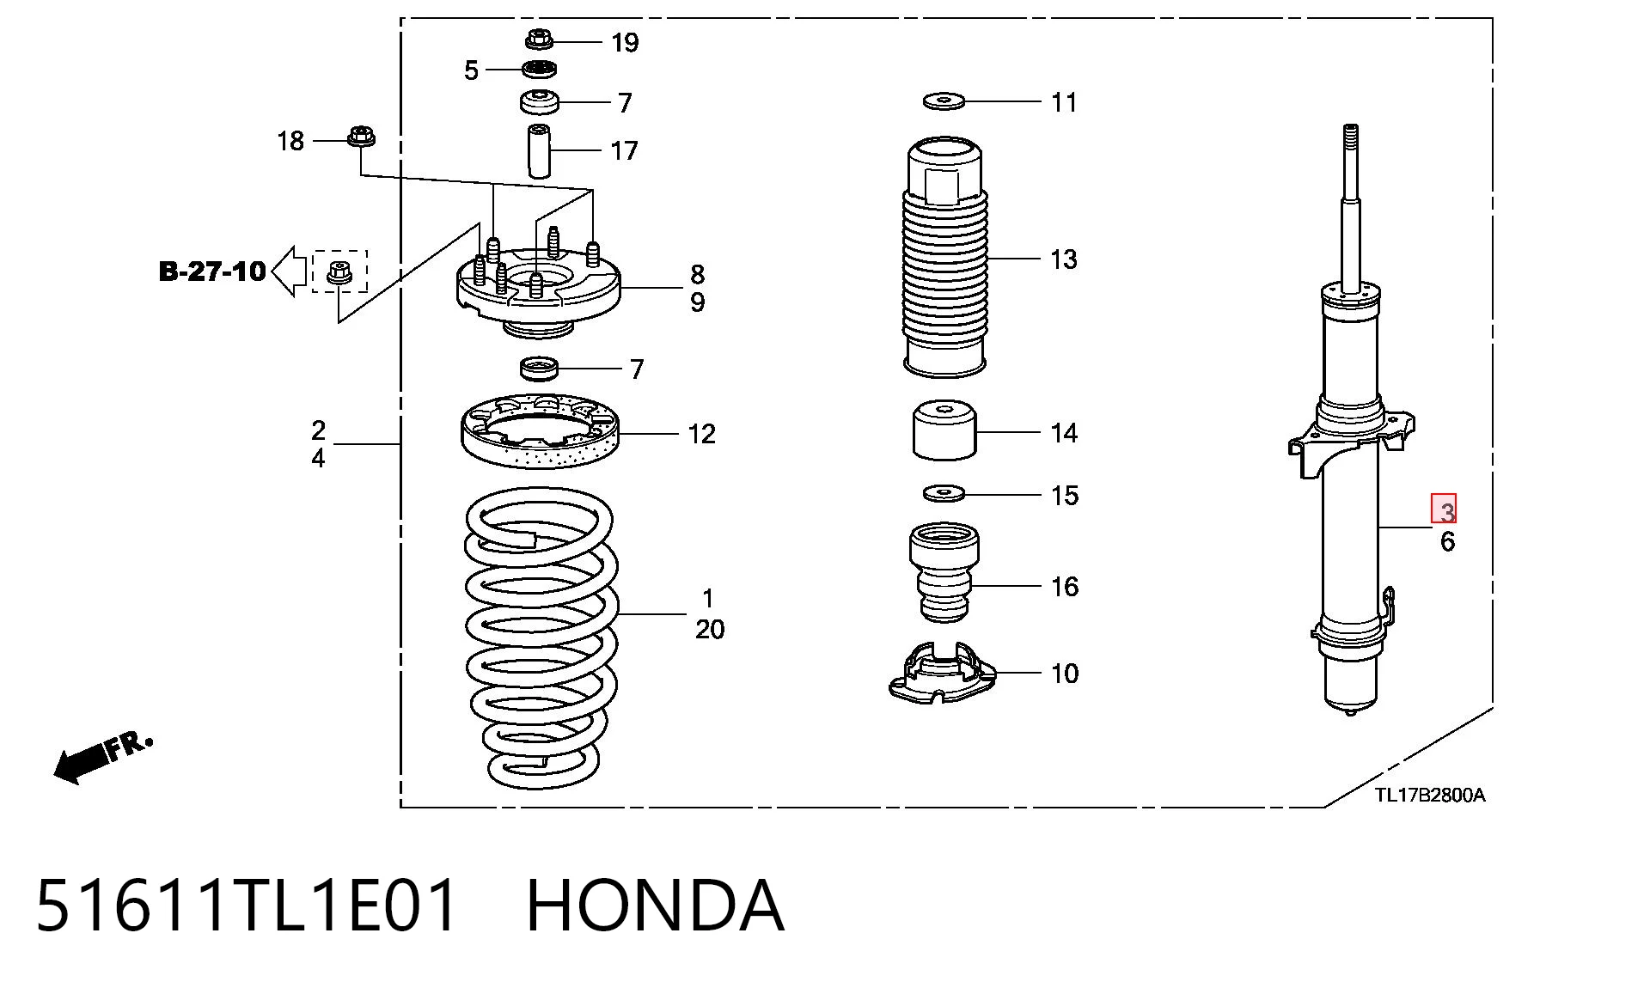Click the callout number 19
[x=625, y=42]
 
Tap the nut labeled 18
[x=361, y=137]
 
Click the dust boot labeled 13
[x=944, y=256]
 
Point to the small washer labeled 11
[x=944, y=101]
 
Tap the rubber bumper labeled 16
[x=944, y=573]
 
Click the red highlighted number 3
[x=1444, y=509]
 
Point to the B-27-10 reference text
[x=212, y=271]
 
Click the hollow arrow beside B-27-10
[x=290, y=271]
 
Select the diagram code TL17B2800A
[x=1429, y=795]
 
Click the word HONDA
[x=655, y=905]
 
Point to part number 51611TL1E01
[x=246, y=905]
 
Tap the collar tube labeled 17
[x=539, y=151]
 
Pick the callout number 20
[x=710, y=629]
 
